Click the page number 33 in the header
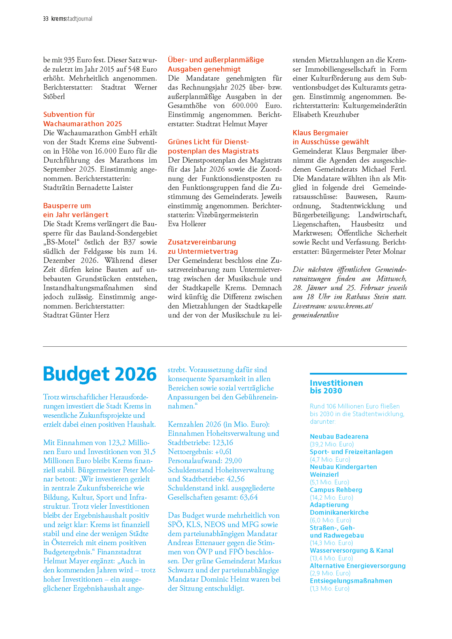click(46, 19)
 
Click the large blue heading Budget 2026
click(100, 374)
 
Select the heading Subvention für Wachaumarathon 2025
click(82, 119)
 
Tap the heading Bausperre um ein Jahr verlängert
click(76, 210)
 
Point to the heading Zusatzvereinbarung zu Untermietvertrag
click(203, 247)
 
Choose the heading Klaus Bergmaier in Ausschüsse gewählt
click(331, 137)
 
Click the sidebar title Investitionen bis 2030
click(336, 387)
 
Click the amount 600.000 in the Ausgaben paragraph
click(245, 106)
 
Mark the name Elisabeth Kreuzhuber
click(326, 115)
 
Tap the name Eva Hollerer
click(187, 224)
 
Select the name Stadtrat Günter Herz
click(76, 315)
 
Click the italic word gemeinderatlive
click(315, 315)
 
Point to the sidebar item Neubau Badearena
click(339, 436)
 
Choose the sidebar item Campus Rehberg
click(336, 490)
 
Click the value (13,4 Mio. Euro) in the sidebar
click(331, 558)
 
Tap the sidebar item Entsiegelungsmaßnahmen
click(351, 581)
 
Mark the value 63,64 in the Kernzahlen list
click(249, 497)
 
